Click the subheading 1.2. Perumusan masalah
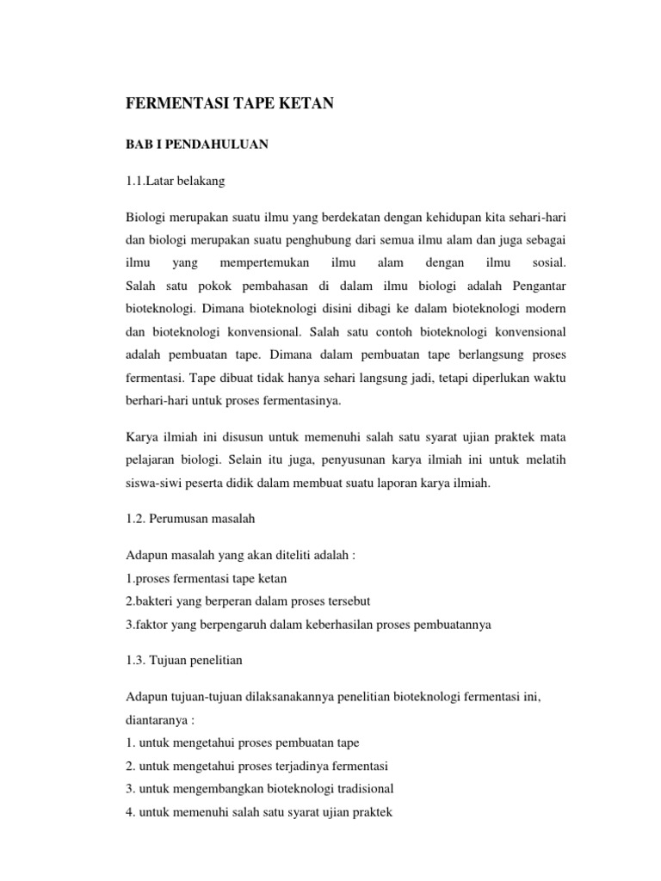[x=190, y=520]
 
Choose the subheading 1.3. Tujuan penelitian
[x=183, y=662]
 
